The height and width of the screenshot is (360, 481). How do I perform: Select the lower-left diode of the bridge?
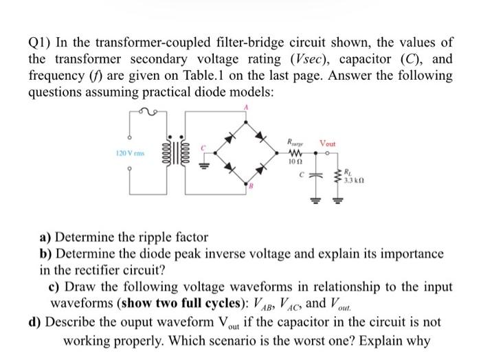point(229,169)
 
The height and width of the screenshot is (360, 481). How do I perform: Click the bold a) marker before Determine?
point(47,238)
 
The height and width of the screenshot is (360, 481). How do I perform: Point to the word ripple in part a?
point(157,238)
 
